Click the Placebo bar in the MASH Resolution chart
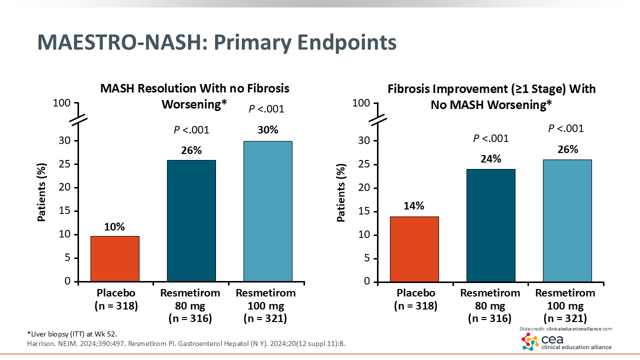(x=114, y=258)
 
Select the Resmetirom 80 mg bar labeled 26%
(x=191, y=220)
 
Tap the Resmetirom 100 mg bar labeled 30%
(x=267, y=211)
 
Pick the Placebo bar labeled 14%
(x=414, y=249)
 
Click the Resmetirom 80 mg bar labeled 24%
(x=490, y=225)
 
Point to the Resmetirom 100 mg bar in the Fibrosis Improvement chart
(x=567, y=220)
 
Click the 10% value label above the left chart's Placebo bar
(x=114, y=226)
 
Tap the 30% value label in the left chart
(x=267, y=130)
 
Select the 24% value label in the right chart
(x=490, y=159)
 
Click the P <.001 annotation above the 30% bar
(x=266, y=109)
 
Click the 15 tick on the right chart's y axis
(x=365, y=211)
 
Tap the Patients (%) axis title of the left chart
(x=43, y=192)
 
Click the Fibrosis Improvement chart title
(x=491, y=96)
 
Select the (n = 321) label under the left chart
(x=265, y=318)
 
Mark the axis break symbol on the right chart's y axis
(x=378, y=120)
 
